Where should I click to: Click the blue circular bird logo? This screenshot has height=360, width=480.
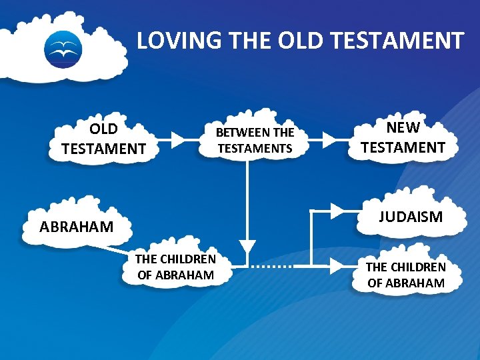coord(63,49)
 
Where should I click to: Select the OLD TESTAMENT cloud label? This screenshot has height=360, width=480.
coord(103,139)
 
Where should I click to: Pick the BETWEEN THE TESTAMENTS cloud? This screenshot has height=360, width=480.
coord(255,140)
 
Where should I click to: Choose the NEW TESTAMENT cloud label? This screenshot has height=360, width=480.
coord(403,138)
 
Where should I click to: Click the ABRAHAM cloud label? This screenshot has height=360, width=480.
coord(76,227)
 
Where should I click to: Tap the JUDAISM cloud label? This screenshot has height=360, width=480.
coord(411,217)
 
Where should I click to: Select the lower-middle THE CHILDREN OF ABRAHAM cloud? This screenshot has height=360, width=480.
coord(176,267)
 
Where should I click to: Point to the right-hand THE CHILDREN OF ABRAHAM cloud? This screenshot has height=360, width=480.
coord(405,275)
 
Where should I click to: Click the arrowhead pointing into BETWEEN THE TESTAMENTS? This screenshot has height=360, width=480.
coord(178,139)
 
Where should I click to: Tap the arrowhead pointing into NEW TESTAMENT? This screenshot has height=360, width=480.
coord(329,139)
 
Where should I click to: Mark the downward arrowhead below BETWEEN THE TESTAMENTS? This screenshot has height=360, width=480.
coord(247,246)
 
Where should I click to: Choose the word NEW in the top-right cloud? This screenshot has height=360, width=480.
coord(403,128)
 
